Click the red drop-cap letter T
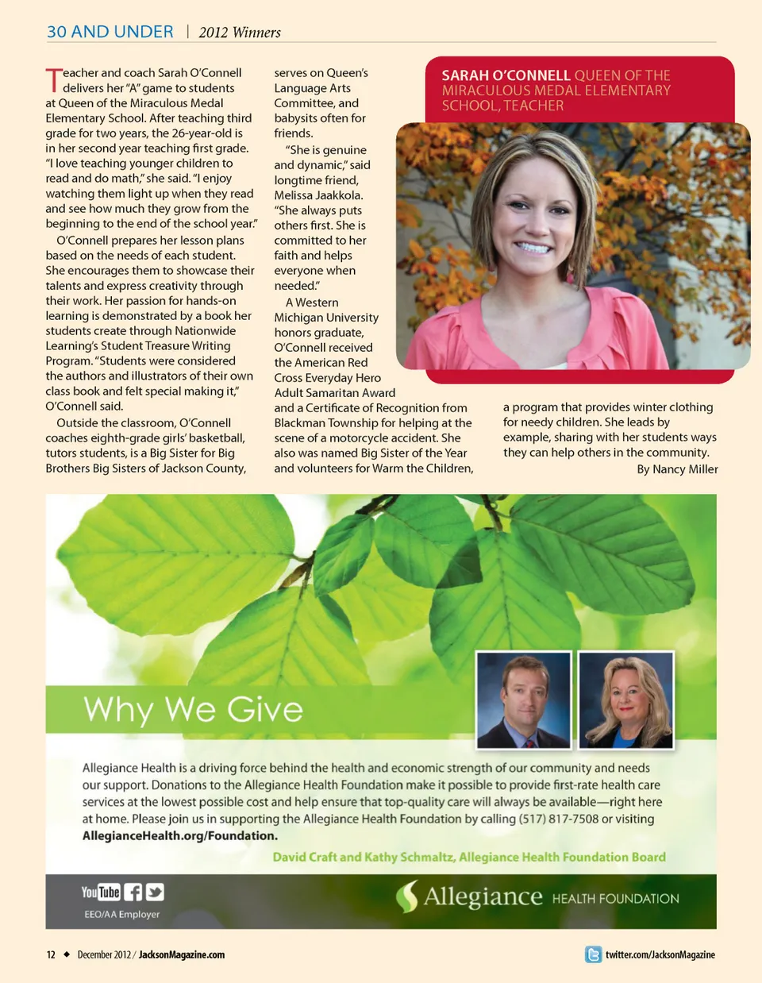[53, 80]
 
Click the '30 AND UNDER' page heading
[110, 32]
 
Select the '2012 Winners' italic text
[240, 33]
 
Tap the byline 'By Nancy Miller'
[677, 469]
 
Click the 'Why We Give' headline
[193, 709]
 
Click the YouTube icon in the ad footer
[100, 892]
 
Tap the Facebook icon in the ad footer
[133, 892]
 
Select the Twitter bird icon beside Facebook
[155, 892]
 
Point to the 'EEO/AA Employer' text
[121, 915]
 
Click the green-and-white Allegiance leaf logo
[407, 896]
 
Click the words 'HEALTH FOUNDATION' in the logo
[615, 899]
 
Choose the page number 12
[51, 954]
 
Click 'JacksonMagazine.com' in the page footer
[182, 954]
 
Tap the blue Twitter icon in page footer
[593, 954]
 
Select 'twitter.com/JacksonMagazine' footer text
[660, 954]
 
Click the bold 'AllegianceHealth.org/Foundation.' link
[180, 835]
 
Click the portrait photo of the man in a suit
[524, 700]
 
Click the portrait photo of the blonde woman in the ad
[626, 700]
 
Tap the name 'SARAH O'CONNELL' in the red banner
[506, 75]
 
